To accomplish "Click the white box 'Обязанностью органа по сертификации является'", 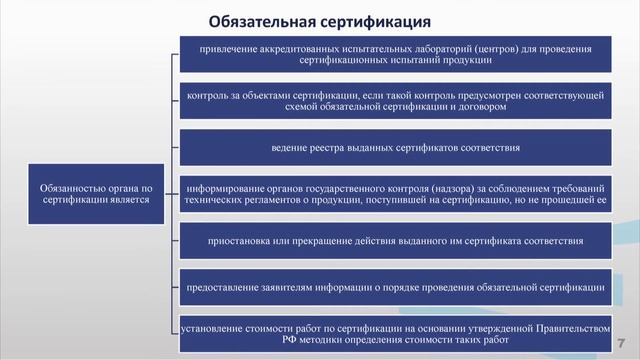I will (x=96, y=193).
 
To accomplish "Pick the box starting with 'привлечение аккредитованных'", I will (x=395, y=54).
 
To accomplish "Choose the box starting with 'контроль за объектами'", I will (x=395, y=101).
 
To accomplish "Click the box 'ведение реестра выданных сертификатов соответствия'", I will (x=395, y=148).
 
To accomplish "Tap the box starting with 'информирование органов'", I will (x=395, y=194).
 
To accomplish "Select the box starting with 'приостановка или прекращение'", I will (x=395, y=241).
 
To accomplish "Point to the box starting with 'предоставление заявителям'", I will (x=395, y=288).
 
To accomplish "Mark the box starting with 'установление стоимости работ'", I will (x=395, y=333).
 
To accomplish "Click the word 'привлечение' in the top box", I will (x=227, y=48).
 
